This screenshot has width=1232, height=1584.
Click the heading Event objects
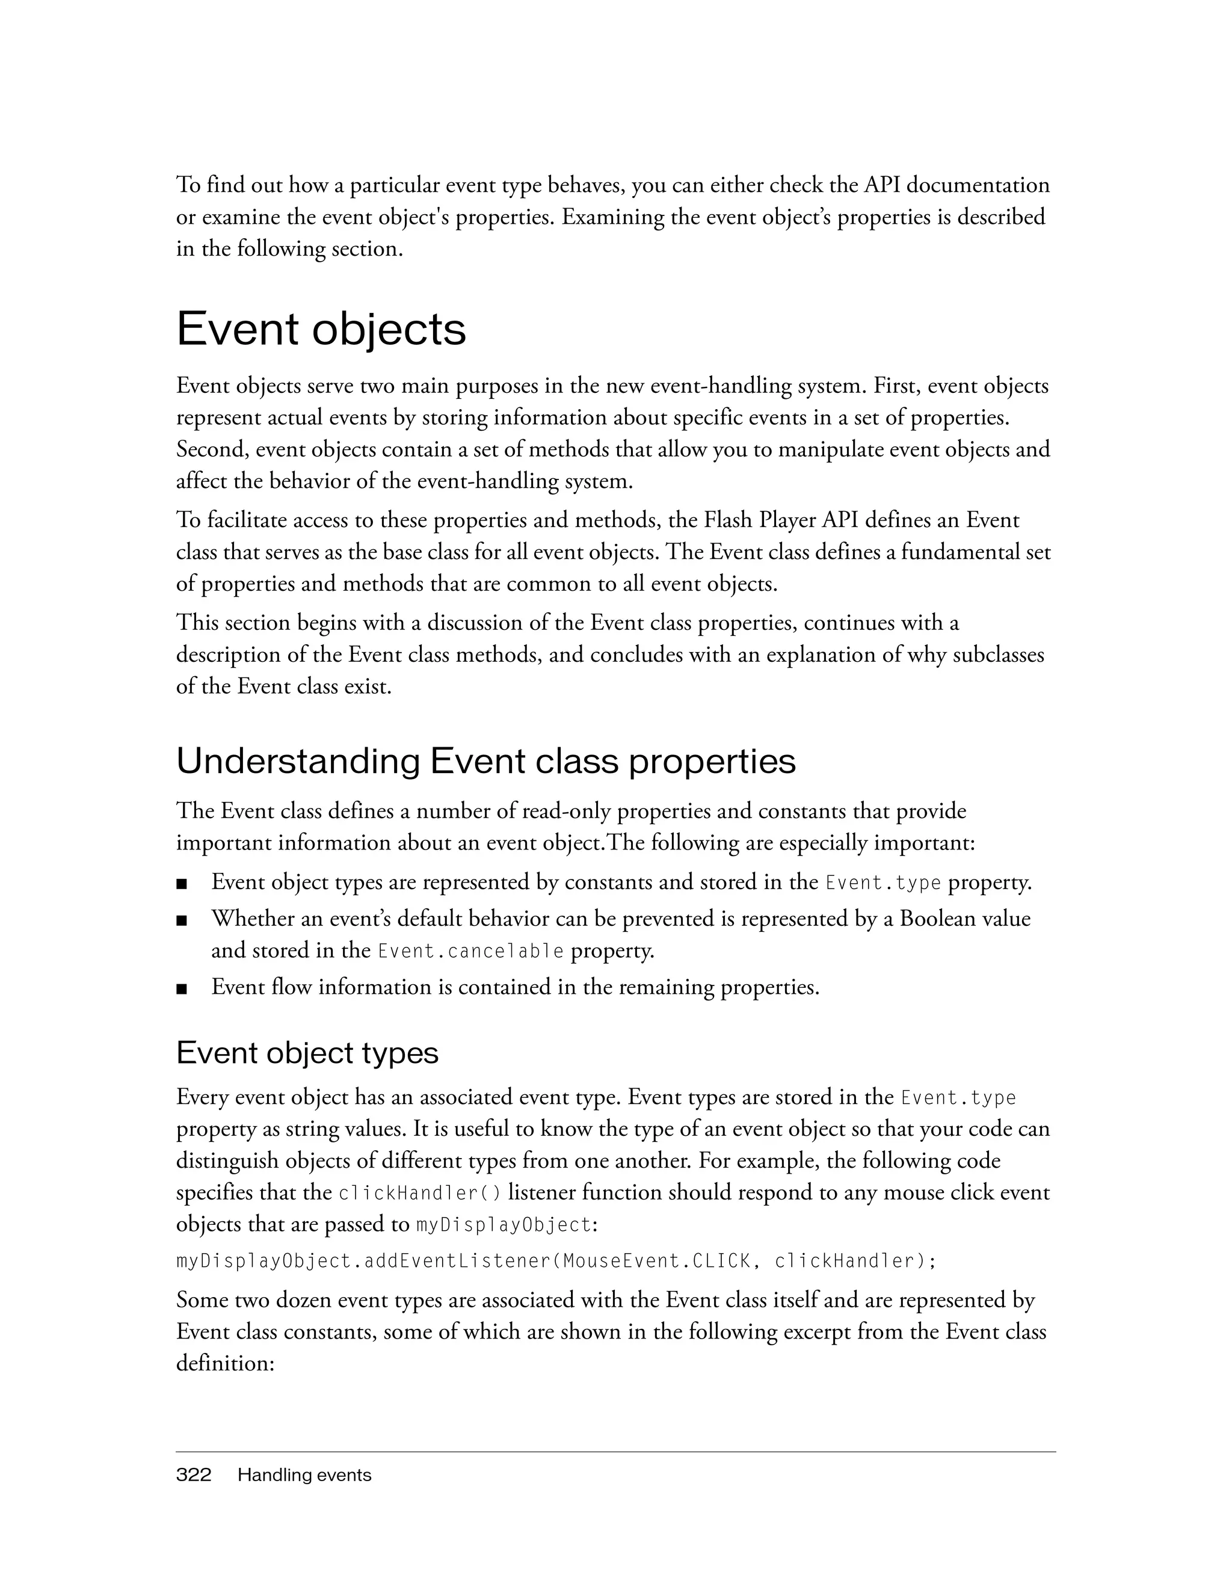(321, 330)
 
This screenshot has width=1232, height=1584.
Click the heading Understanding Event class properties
(486, 762)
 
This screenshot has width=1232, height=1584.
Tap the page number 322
(194, 1475)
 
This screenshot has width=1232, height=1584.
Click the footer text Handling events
(304, 1475)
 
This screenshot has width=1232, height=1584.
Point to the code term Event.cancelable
(470, 951)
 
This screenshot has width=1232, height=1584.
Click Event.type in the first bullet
(883, 883)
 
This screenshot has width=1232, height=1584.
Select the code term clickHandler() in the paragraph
(420, 1193)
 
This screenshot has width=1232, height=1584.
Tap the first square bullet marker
(182, 884)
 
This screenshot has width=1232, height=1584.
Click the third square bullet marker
(182, 988)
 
